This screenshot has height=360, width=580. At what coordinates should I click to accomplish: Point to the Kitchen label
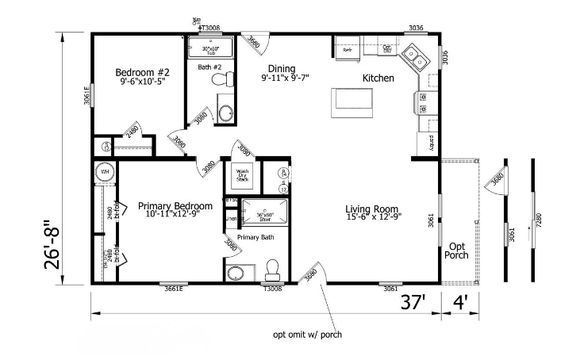click(378, 78)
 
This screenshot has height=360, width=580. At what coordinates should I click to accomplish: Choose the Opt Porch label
click(457, 251)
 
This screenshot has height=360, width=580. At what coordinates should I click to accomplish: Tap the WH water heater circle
click(104, 171)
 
